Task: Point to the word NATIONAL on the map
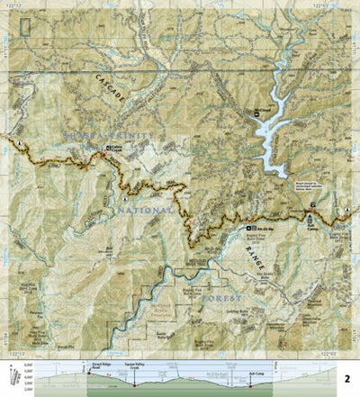144,210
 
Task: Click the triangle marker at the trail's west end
17,142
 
